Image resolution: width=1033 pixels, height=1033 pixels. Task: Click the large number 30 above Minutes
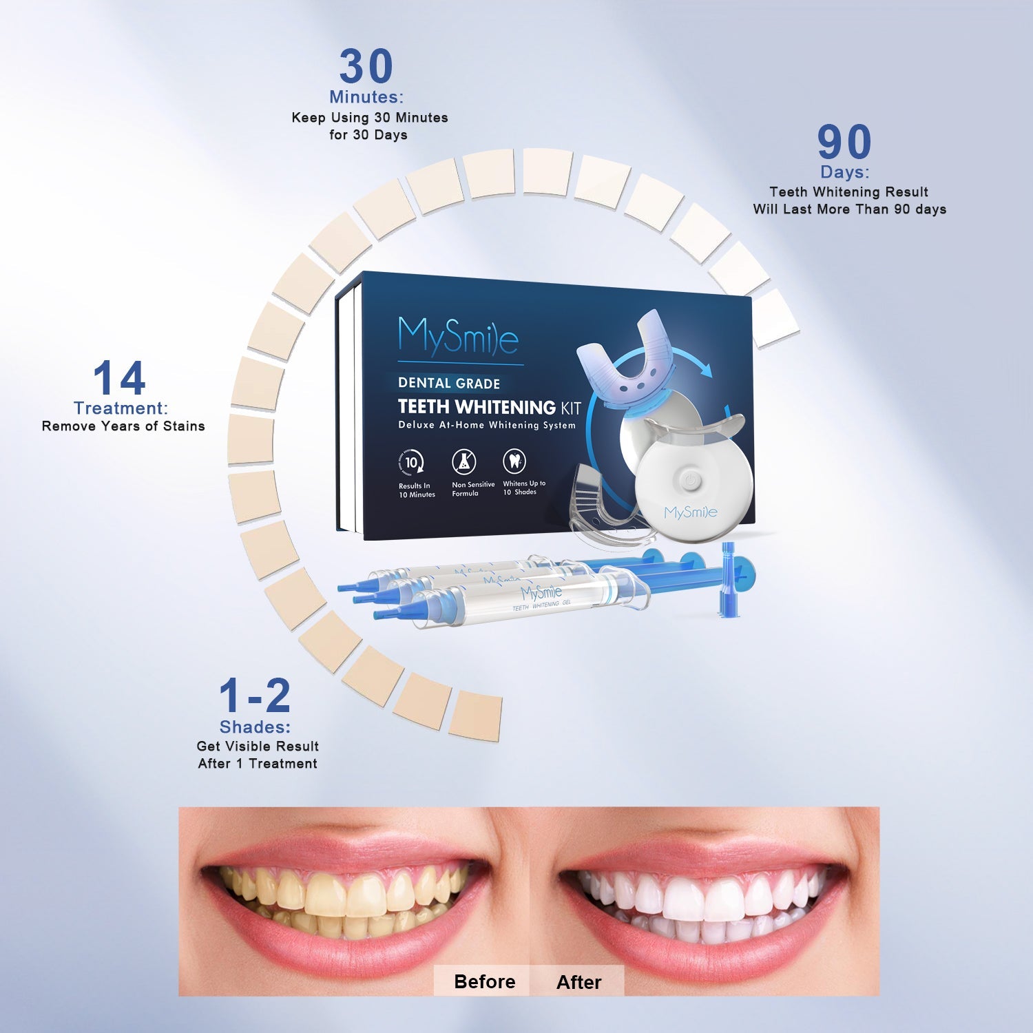pos(366,67)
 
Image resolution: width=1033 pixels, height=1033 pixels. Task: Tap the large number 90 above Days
pos(844,142)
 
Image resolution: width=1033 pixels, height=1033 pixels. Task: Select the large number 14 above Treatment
pos(119,378)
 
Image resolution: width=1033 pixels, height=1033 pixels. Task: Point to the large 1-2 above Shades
pos(255,696)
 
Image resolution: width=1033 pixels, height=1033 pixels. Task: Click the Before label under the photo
pos(484,981)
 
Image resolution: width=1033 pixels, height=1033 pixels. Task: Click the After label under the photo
pos(578,982)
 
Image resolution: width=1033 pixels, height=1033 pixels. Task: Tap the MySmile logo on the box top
pos(458,336)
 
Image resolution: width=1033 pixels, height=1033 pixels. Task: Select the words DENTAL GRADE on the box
pos(449,384)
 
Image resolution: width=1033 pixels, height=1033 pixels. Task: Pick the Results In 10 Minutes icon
pos(411,463)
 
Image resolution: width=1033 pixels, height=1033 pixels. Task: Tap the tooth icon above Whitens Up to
pos(514,460)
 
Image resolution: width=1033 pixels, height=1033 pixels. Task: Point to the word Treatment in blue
pos(121,408)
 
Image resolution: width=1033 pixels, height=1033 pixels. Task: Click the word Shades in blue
pos(255,727)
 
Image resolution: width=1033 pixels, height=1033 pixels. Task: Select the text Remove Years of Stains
pos(123,426)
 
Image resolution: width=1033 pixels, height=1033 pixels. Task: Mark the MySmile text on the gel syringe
pos(541,593)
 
